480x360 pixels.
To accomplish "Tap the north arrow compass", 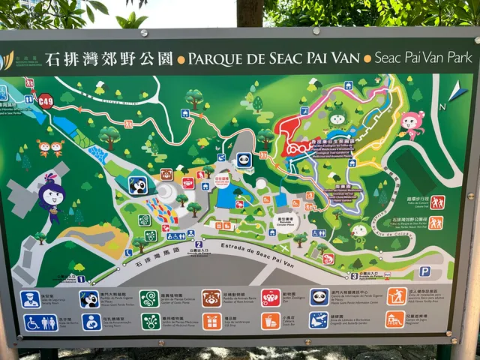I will coord(457,96).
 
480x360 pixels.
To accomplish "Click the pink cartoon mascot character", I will coord(411,124).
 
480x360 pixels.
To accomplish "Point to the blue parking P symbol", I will coord(424,271).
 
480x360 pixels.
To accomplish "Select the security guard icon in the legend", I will coord(30,299).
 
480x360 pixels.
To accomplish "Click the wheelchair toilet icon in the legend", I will coord(31,322).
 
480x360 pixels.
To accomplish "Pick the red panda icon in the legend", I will coord(211,298).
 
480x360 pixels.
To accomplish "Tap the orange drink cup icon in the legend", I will coord(271,321).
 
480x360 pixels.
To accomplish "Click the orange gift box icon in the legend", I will coord(211,321).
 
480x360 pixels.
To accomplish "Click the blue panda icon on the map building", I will coord(244,159).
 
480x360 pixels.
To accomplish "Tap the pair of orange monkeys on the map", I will coord(50,147).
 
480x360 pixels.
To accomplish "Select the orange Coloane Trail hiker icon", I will coord(436,202).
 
